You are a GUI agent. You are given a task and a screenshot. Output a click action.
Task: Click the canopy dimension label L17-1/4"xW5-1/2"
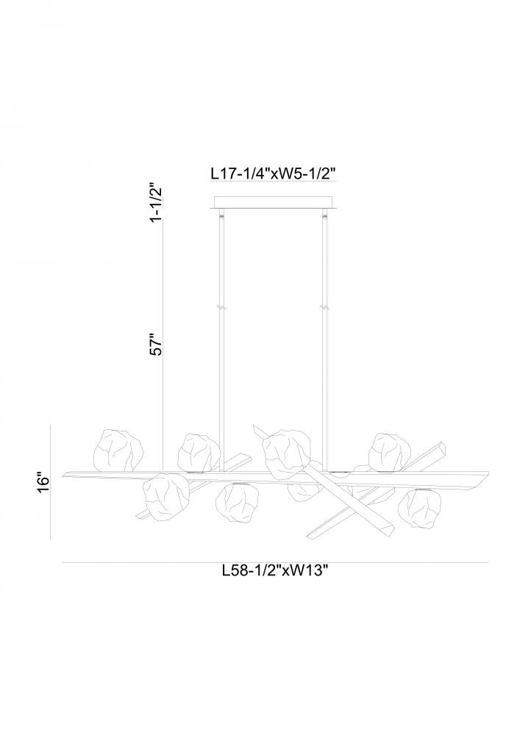pos(272,173)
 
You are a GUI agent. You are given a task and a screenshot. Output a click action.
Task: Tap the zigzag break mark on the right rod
pos(323,308)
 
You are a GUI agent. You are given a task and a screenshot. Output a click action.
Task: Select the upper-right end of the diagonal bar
pos(444,447)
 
